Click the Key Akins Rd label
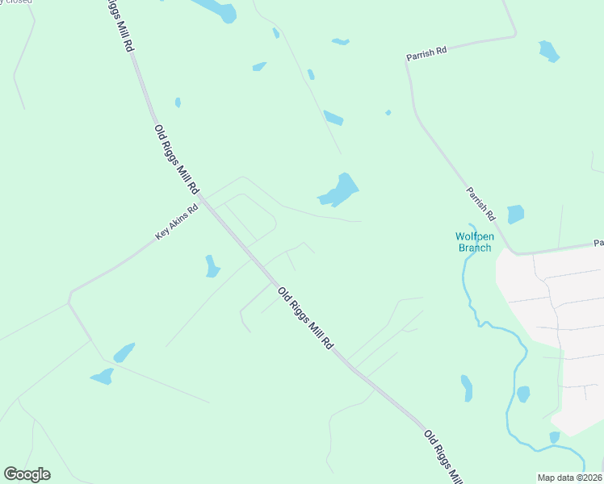click(176, 223)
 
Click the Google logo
click(27, 474)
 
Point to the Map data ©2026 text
click(569, 478)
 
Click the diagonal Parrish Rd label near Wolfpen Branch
click(480, 204)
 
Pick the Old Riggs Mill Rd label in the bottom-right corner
click(443, 457)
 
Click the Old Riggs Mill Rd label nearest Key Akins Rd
click(176, 158)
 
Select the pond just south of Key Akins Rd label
click(212, 266)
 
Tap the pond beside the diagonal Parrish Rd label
click(515, 214)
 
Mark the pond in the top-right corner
click(549, 51)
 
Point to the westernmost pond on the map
click(102, 376)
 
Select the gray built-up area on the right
click(557, 323)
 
